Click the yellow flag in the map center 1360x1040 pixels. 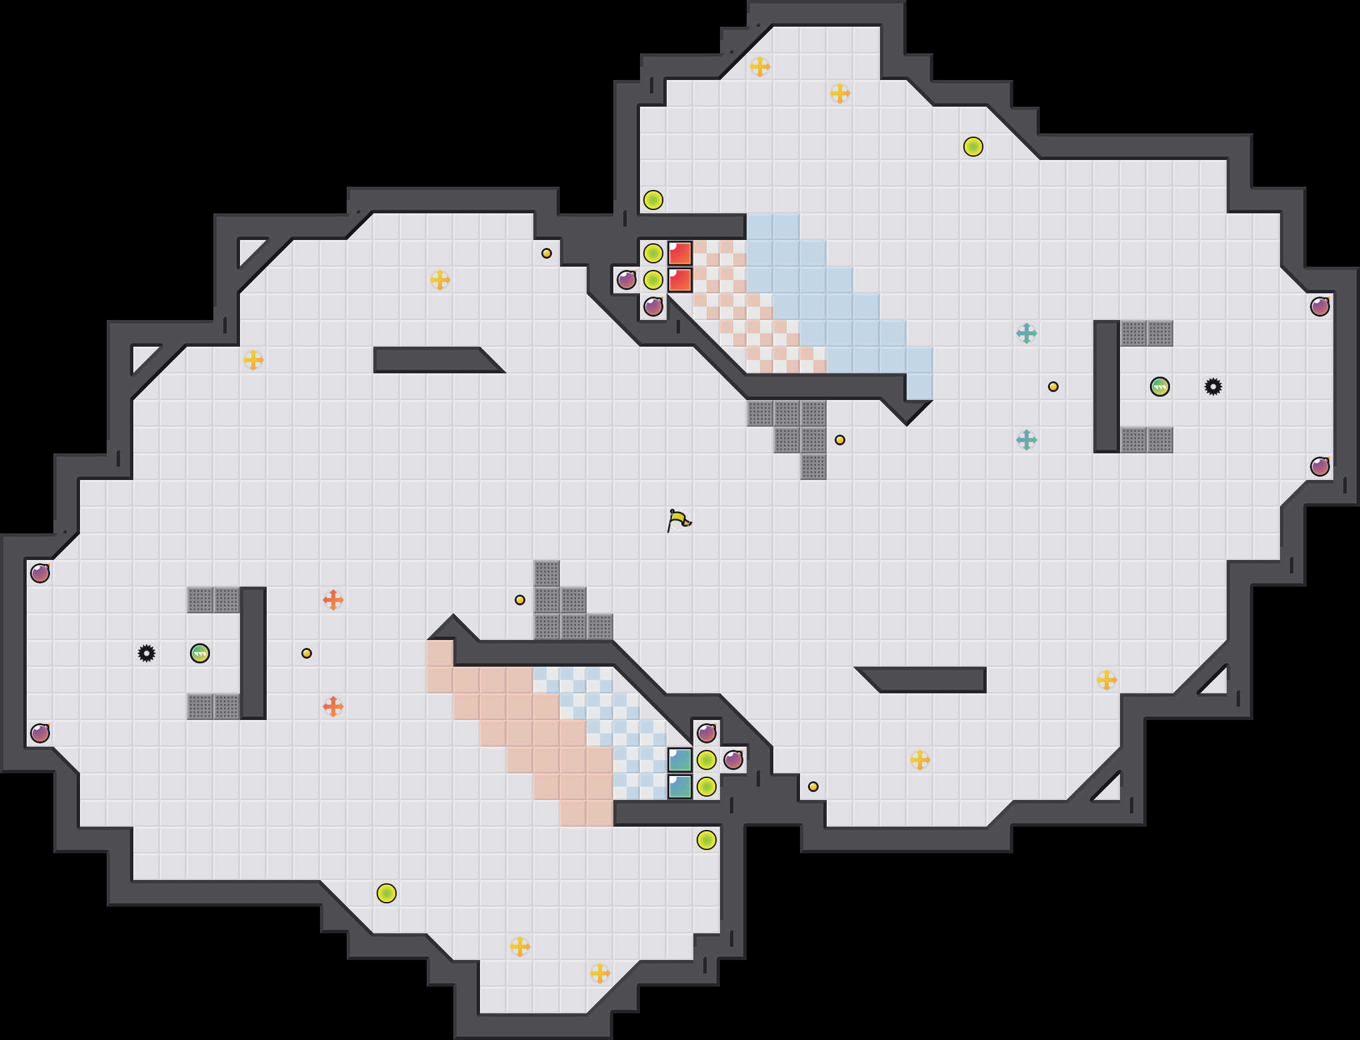click(679, 520)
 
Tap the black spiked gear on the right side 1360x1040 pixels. click(1213, 387)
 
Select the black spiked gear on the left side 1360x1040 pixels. click(147, 653)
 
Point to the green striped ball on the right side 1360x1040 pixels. click(1160, 387)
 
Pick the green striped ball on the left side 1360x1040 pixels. click(200, 653)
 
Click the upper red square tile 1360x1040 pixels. click(680, 253)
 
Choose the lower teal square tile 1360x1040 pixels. click(680, 787)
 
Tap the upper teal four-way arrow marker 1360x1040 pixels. click(1027, 333)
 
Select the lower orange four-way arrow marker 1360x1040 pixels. click(333, 707)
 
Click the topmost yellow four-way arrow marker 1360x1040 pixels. click(760, 67)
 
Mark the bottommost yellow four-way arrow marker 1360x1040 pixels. click(600, 973)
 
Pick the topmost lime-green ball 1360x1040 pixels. click(973, 147)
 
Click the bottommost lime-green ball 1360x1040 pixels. click(387, 893)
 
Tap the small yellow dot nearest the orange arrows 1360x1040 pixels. click(307, 653)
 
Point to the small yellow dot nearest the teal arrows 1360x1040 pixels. click(1053, 387)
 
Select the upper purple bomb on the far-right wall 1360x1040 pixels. click(1320, 307)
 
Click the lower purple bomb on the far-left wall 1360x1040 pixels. click(40, 733)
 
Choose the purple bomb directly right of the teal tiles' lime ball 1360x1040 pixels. click(733, 760)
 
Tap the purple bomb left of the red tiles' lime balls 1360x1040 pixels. click(627, 280)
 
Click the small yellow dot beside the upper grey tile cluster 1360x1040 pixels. click(840, 440)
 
